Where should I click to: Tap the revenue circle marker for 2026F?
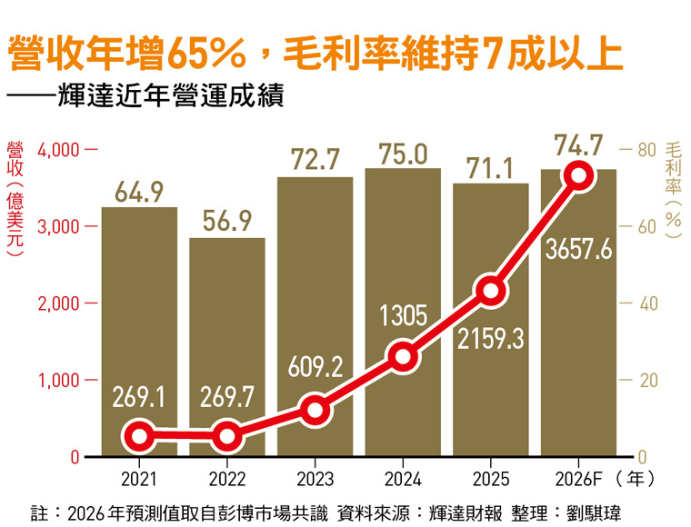tap(578, 175)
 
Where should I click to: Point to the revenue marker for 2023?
tap(315, 410)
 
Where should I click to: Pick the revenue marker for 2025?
tap(491, 291)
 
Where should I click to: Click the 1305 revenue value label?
tap(403, 315)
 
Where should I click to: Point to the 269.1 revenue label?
tap(139, 396)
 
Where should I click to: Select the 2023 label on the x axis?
tap(315, 475)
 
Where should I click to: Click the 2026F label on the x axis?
tap(578, 475)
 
